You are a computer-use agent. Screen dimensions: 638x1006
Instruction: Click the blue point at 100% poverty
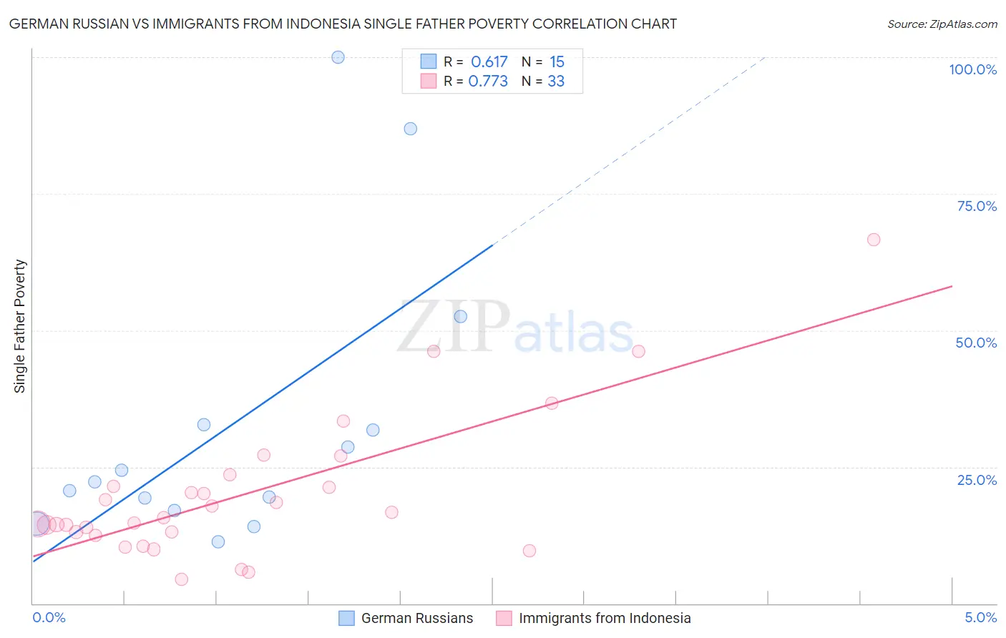coord(338,57)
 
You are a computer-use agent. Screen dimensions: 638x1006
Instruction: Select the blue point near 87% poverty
coord(410,129)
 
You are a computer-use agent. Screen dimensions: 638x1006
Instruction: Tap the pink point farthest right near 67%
coord(873,240)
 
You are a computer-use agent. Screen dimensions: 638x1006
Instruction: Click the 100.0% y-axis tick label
coord(972,69)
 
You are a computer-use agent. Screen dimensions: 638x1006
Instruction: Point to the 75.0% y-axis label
coord(977,206)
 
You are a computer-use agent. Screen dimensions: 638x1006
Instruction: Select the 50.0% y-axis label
coord(976,343)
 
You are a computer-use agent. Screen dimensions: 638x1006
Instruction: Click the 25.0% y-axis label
coord(977,480)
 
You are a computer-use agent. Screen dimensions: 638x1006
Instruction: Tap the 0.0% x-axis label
coord(49,617)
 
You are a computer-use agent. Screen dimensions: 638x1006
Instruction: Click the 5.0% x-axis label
coord(980,617)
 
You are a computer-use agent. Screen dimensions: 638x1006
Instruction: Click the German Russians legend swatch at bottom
coord(346,618)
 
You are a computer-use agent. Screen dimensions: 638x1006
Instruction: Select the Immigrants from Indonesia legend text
coord(605,618)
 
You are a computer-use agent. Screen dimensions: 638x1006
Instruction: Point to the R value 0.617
coord(489,62)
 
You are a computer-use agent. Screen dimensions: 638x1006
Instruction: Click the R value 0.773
coord(488,82)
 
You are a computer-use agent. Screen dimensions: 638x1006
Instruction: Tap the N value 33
coord(556,82)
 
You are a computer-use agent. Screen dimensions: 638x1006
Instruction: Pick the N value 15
coord(557,62)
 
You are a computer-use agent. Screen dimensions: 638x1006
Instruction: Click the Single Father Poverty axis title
coord(20,326)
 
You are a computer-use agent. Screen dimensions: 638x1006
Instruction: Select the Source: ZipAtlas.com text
coord(942,24)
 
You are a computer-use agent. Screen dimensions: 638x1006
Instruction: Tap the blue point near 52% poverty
coord(460,316)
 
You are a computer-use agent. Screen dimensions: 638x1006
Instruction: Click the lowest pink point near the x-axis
coord(181,579)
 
